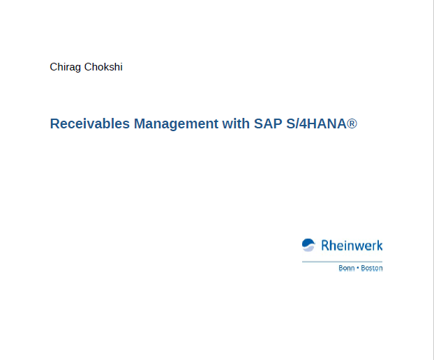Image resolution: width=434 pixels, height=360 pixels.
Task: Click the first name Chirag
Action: click(x=66, y=67)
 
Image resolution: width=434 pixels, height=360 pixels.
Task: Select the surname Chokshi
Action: click(x=103, y=67)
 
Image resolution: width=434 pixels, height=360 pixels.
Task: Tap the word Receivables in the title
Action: click(x=90, y=123)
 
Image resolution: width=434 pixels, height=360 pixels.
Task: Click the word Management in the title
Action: click(x=176, y=124)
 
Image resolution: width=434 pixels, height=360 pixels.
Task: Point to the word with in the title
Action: click(x=236, y=123)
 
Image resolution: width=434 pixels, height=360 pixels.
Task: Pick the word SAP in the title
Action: click(x=268, y=123)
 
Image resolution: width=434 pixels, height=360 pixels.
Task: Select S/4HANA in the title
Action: click(x=316, y=123)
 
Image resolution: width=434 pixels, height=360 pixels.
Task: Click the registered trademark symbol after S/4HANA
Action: click(x=352, y=123)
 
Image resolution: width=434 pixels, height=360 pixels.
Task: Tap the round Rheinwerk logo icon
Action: click(x=308, y=245)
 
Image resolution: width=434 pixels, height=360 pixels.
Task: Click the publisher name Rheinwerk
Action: click(x=352, y=246)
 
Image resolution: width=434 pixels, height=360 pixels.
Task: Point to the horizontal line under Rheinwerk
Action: click(x=342, y=262)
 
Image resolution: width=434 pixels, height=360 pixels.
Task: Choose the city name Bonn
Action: click(x=347, y=268)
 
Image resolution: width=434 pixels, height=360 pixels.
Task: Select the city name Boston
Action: click(x=372, y=268)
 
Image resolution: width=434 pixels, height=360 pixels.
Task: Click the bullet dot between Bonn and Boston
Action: click(x=358, y=268)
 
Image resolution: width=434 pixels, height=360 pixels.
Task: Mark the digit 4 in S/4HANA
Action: click(x=303, y=123)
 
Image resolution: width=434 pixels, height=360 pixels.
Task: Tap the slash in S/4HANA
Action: click(x=297, y=123)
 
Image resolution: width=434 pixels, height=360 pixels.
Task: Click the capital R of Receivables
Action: click(x=55, y=123)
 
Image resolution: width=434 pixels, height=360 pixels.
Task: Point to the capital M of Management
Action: click(x=140, y=123)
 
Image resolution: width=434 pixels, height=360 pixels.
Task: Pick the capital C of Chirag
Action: click(x=54, y=67)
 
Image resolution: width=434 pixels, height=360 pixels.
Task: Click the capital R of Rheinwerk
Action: click(x=325, y=246)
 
